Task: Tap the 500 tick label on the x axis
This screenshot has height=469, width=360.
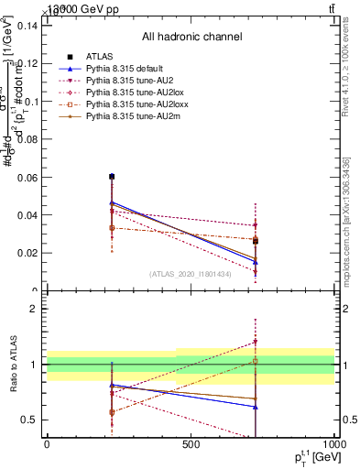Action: pyautogui.click(x=191, y=445)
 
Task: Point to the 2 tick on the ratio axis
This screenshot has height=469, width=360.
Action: pyautogui.click(x=34, y=310)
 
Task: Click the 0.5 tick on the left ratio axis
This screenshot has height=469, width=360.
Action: pyautogui.click(x=29, y=420)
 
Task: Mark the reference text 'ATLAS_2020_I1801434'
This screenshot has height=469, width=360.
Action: pyautogui.click(x=191, y=274)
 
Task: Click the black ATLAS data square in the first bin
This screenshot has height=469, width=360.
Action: pyautogui.click(x=112, y=176)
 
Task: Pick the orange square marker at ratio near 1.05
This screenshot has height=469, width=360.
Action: pyautogui.click(x=256, y=361)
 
